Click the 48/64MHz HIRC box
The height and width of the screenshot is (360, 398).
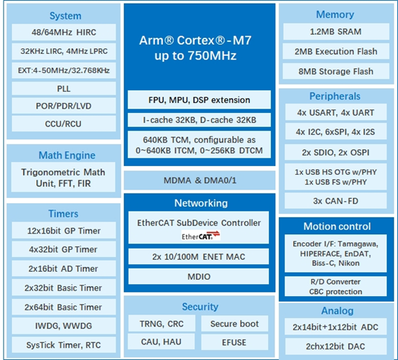coord(65,33)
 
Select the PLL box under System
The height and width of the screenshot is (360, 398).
coord(65,89)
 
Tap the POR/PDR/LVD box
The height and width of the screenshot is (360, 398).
coord(65,107)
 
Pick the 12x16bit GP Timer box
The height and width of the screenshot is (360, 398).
coord(65,231)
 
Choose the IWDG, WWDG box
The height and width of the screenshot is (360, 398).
coord(65,326)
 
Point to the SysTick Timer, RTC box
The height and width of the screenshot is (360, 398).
coord(65,345)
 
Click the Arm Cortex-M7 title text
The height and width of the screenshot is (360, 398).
coord(199,48)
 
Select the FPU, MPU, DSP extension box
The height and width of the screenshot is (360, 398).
coord(199,99)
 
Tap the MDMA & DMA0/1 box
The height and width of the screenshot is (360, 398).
coord(199,180)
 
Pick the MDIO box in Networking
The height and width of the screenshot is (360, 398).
coord(199,276)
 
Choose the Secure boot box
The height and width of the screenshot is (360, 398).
coord(234,324)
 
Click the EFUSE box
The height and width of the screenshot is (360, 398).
coord(234,343)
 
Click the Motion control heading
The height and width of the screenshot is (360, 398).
coord(336,227)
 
